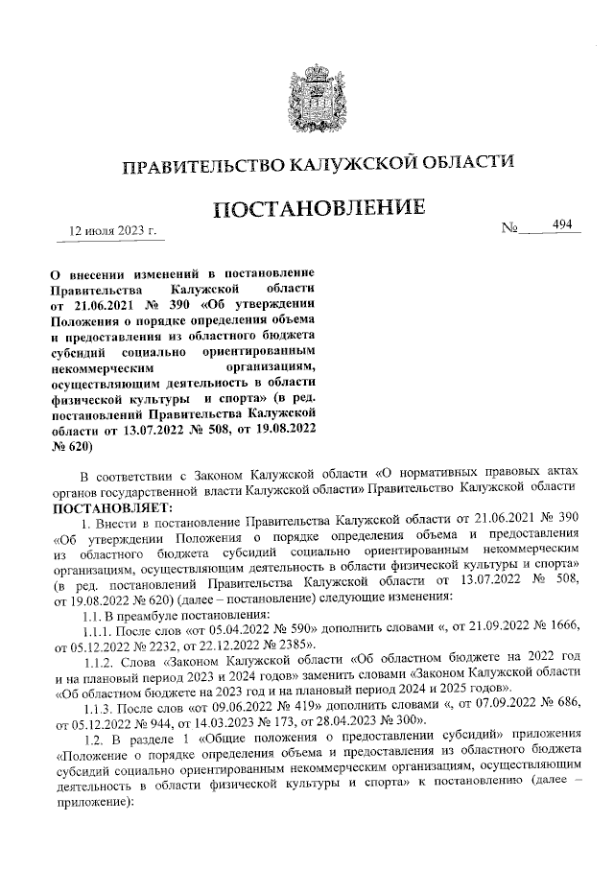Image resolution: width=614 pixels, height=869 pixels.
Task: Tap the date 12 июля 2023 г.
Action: (111, 230)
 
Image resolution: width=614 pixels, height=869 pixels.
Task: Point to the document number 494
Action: (561, 224)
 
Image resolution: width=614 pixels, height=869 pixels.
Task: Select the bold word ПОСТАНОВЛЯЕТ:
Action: (113, 505)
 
